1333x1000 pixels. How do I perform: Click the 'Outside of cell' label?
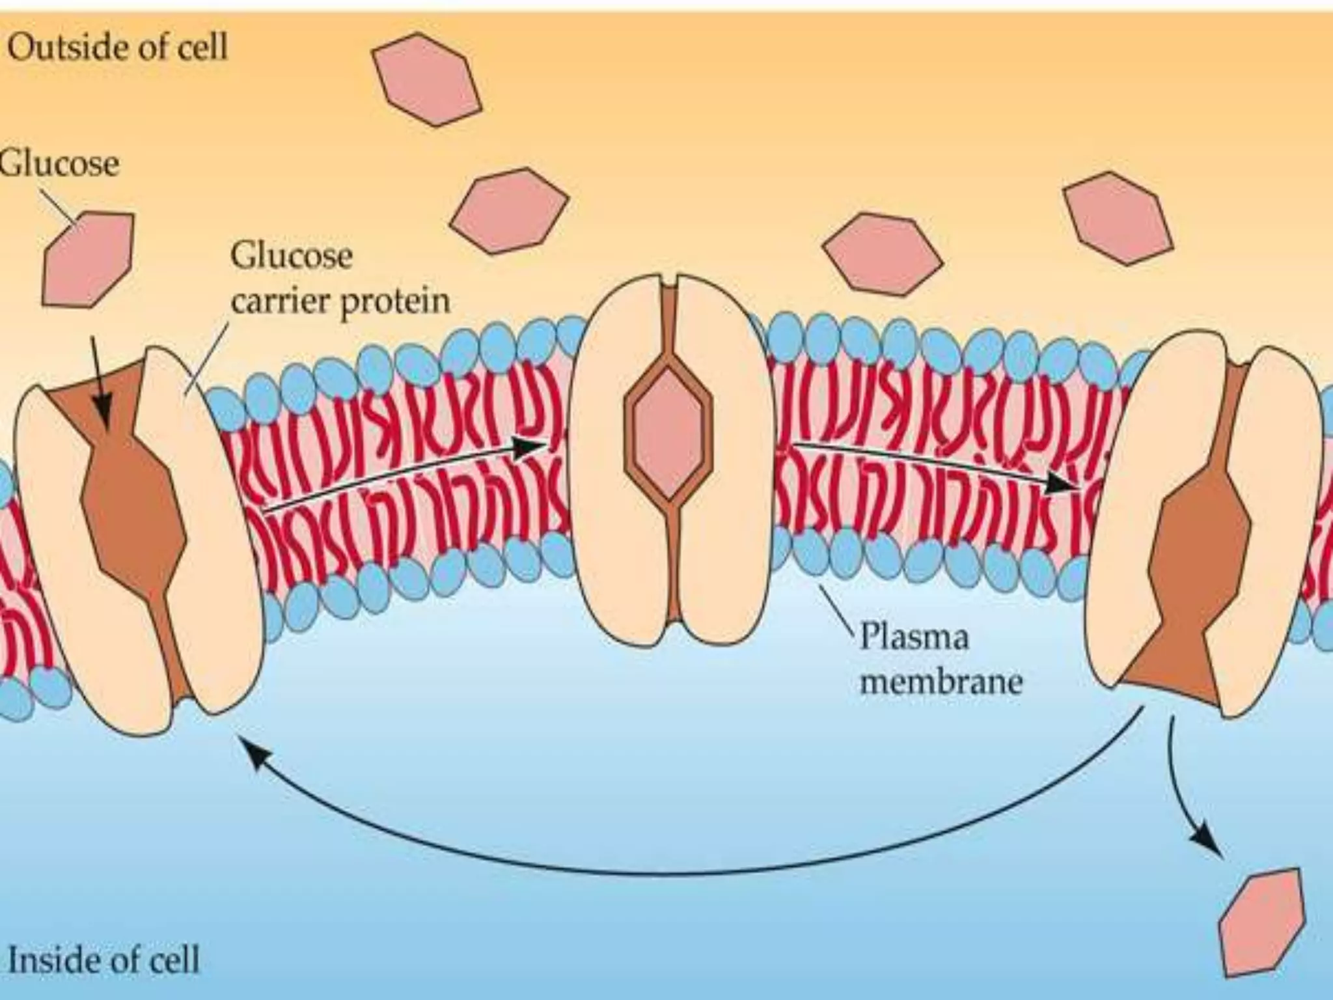tap(118, 47)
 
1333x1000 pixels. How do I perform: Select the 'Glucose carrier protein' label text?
tap(339, 279)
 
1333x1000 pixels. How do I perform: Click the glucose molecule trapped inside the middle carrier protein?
tap(668, 431)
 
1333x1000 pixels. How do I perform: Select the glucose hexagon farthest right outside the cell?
tap(1118, 217)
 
